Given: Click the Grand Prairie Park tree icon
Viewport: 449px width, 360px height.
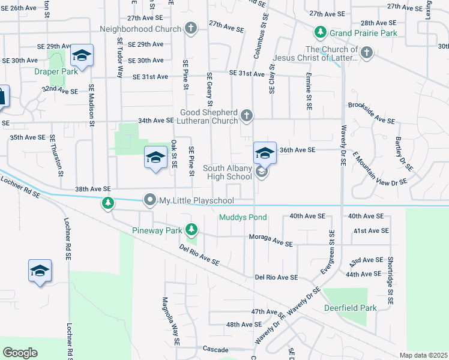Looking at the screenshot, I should click(321, 32).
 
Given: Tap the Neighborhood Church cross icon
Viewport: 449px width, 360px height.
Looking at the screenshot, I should click(190, 28).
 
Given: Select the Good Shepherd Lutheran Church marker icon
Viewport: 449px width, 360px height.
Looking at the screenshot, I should click(246, 115).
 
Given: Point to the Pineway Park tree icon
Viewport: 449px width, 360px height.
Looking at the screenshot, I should click(191, 229).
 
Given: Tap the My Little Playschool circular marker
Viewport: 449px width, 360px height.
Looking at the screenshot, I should click(149, 200).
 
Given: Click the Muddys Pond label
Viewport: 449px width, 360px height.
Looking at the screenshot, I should click(243, 217).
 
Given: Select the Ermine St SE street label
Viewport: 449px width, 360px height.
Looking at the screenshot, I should click(308, 92).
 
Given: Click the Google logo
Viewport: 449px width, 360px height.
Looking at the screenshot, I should click(20, 352).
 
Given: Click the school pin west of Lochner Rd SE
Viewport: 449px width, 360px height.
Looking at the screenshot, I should click(40, 271).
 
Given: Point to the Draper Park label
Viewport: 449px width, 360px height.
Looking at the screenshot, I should click(61, 71).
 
